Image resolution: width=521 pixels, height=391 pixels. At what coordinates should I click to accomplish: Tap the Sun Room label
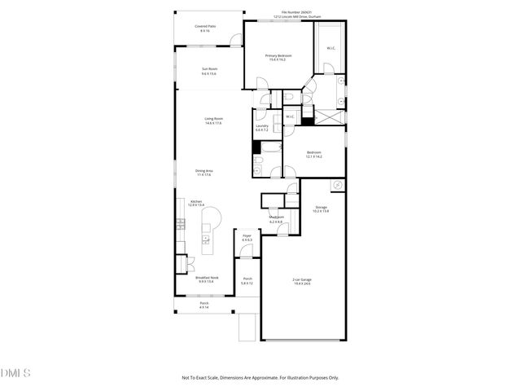(209, 72)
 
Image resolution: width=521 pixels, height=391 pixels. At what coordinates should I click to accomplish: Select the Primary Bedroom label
(278, 57)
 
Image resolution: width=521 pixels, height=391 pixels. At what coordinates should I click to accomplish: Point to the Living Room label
(213, 121)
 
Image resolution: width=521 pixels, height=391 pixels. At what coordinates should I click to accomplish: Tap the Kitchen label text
(196, 203)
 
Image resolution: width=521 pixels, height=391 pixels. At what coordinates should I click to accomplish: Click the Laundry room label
(262, 128)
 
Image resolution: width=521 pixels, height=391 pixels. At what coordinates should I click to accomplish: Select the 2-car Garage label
(302, 281)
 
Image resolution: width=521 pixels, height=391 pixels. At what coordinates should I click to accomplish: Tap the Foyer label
(247, 238)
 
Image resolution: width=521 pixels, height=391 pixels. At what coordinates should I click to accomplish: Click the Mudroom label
(276, 219)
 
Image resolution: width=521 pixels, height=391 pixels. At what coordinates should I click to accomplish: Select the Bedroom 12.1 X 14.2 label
(314, 155)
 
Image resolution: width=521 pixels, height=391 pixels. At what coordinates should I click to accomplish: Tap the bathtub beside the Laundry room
(256, 147)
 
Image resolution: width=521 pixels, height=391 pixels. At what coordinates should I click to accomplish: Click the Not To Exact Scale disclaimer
(260, 377)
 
